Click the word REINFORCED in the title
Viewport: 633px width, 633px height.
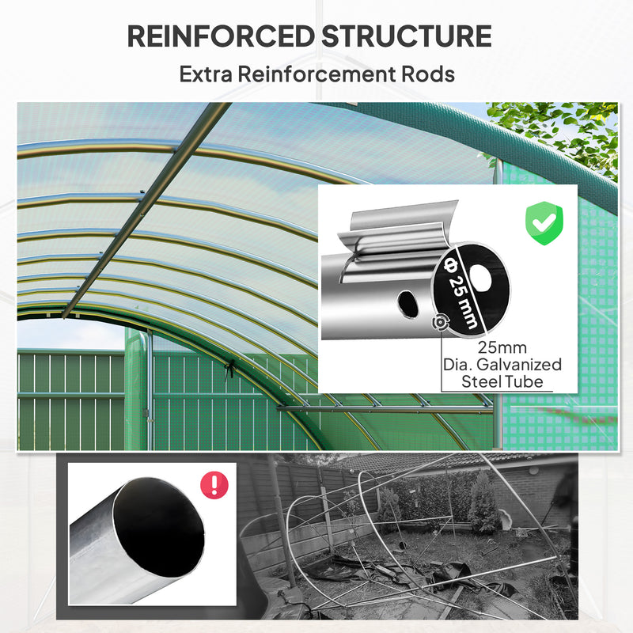pyautogui.click(x=217, y=36)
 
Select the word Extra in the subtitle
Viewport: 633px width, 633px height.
pyautogui.click(x=207, y=74)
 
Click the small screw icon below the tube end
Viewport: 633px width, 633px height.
pyautogui.click(x=439, y=322)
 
